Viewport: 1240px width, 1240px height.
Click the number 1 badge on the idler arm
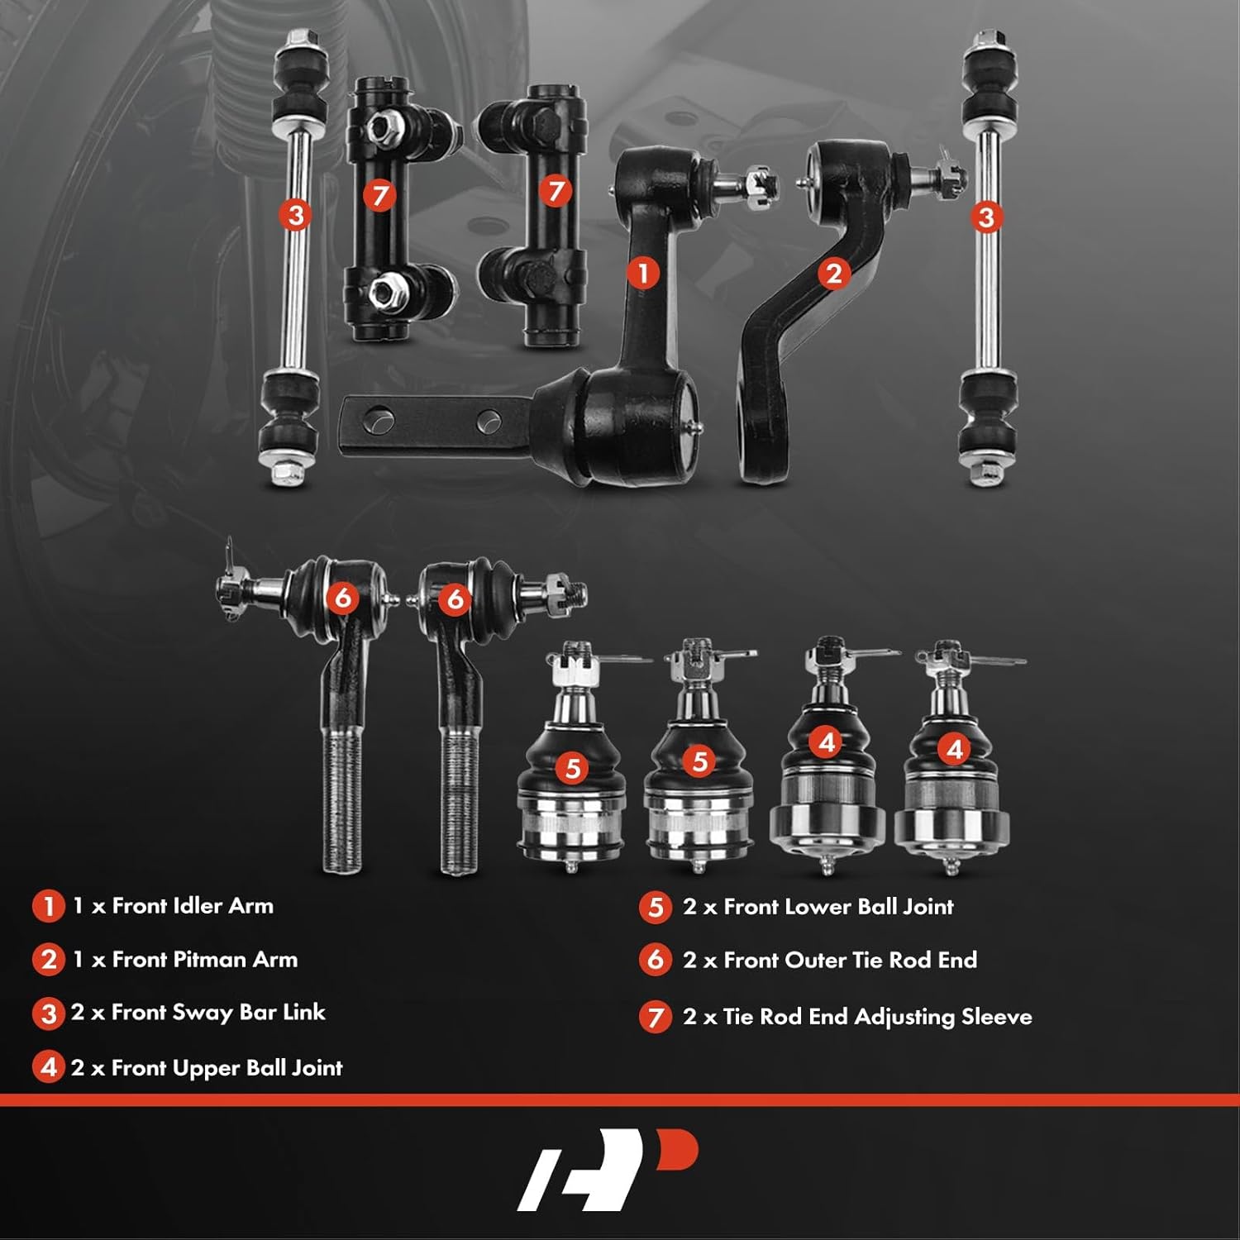tap(643, 273)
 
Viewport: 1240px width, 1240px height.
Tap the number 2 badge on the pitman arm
tap(833, 273)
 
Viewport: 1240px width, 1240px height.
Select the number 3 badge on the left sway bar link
tap(295, 216)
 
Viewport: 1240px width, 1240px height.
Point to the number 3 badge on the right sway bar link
tap(985, 217)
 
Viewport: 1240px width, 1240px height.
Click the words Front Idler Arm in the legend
tap(192, 906)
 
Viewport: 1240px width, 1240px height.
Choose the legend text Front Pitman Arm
tap(204, 960)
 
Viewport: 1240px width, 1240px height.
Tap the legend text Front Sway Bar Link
tap(218, 1013)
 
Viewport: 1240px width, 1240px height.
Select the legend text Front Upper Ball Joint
tap(227, 1068)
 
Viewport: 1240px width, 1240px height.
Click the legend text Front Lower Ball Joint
tap(838, 907)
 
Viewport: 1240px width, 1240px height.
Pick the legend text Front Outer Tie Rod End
tap(850, 960)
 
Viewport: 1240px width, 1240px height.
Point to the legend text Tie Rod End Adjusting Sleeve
tap(877, 1017)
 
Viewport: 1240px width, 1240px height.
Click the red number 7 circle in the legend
tap(655, 1017)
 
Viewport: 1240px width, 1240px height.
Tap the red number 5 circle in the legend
tap(655, 907)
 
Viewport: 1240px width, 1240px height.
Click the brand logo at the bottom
tap(608, 1170)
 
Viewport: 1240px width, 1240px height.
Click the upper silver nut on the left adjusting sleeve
tap(383, 126)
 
